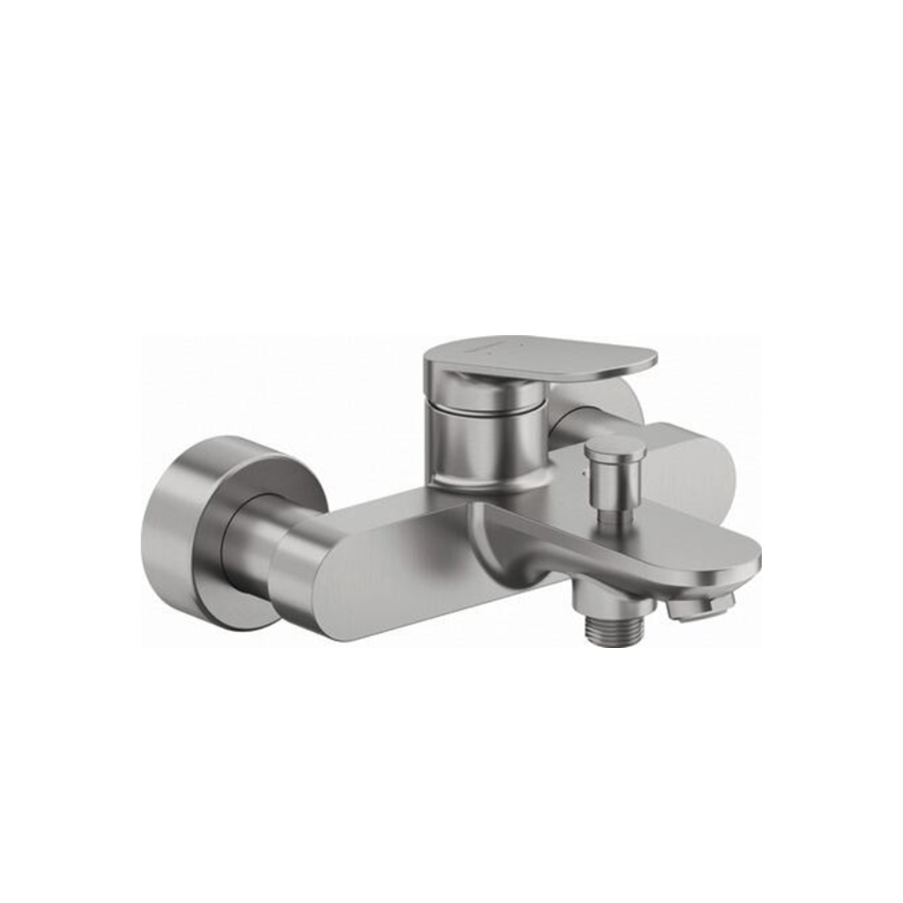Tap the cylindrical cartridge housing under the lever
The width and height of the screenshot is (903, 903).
click(485, 435)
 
